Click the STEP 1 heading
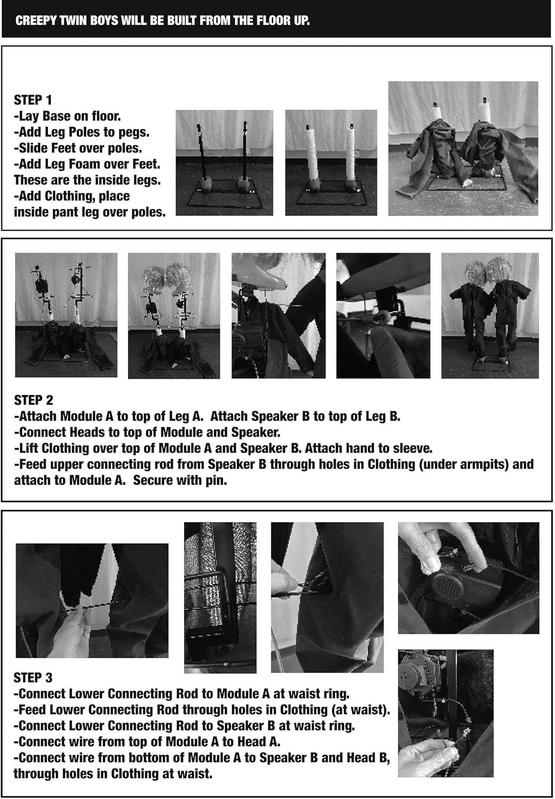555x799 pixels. (x=33, y=100)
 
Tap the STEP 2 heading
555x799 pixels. (x=34, y=400)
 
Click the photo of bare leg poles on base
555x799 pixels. (x=225, y=162)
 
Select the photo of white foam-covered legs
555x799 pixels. (x=331, y=162)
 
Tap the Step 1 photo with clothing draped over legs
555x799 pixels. (x=463, y=149)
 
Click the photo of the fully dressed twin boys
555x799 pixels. (x=490, y=316)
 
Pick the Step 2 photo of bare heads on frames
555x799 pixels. (x=174, y=316)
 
